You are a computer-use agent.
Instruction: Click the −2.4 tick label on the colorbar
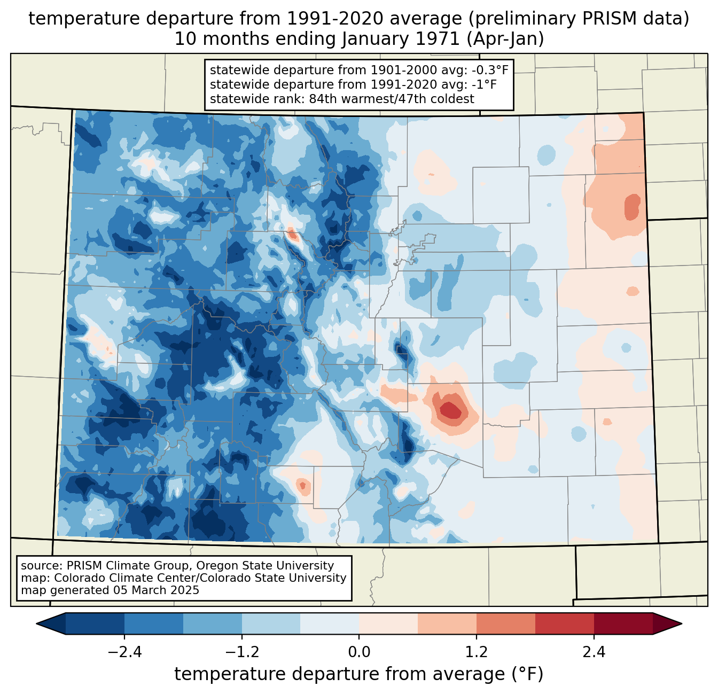tap(124, 652)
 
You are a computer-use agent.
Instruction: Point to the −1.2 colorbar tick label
tap(241, 652)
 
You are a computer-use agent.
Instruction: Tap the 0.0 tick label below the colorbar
tap(359, 652)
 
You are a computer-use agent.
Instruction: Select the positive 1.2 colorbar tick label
tap(477, 652)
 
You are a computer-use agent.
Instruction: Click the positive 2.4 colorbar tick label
tap(594, 652)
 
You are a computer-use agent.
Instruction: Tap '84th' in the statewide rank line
tap(323, 99)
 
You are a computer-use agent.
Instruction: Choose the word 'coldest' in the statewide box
tap(454, 99)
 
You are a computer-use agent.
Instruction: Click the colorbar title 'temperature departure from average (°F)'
tap(359, 674)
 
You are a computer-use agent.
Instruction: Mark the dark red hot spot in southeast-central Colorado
tap(450, 410)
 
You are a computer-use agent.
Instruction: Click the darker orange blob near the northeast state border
tap(633, 207)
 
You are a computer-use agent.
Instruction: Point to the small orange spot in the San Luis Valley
tap(303, 486)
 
